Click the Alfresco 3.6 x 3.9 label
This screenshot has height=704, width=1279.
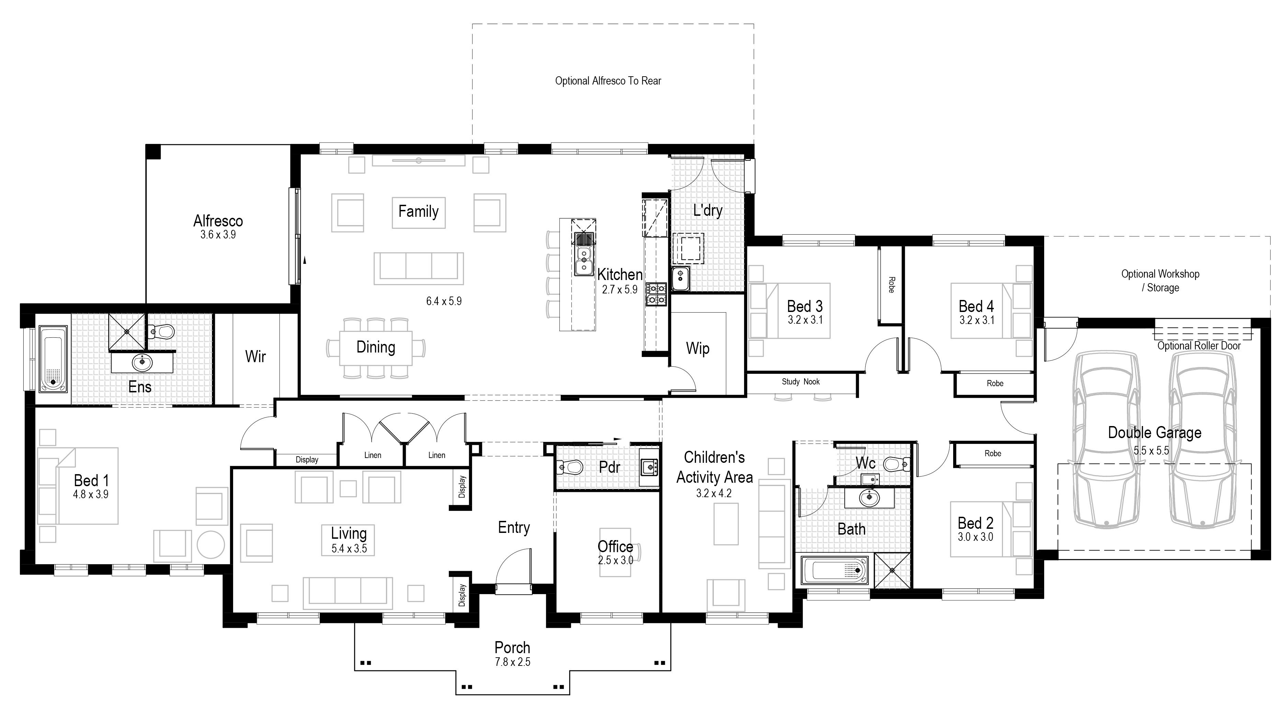click(218, 226)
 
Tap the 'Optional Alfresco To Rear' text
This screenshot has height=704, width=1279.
click(608, 80)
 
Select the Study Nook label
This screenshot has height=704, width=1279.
click(800, 382)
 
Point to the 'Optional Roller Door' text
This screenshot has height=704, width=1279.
click(1199, 346)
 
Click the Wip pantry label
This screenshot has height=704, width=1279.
click(698, 348)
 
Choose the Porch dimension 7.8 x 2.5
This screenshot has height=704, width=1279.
click(512, 662)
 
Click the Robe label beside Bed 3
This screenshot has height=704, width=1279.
click(891, 285)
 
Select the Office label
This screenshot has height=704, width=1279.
click(615, 547)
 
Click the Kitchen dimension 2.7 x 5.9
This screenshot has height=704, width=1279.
click(620, 290)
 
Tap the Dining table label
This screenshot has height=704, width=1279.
click(376, 347)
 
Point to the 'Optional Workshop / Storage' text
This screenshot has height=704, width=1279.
click(1160, 281)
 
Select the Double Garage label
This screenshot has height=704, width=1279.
click(1154, 433)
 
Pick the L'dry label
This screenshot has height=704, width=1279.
click(708, 210)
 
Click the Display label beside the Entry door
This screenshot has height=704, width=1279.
click(462, 595)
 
